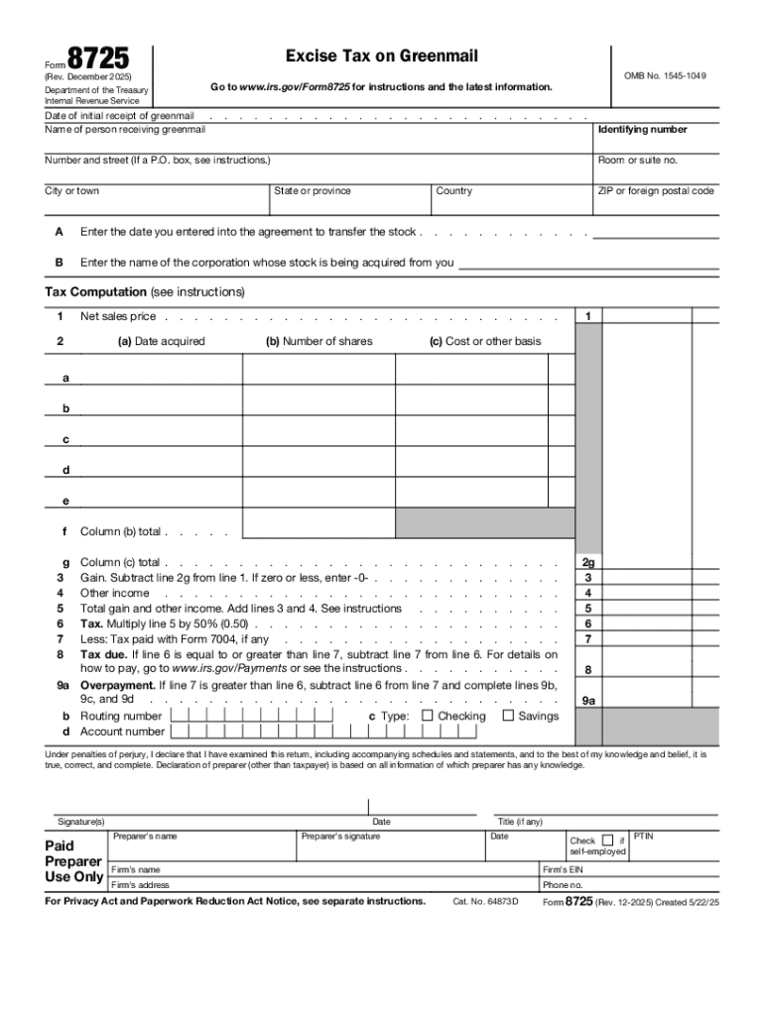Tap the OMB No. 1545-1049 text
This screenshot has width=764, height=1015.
pyautogui.click(x=665, y=75)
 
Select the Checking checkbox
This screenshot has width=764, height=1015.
pyautogui.click(x=428, y=716)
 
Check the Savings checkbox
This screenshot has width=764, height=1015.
pyautogui.click(x=508, y=716)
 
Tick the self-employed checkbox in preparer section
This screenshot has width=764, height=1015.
pyautogui.click(x=608, y=841)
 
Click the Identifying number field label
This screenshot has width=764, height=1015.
pyautogui.click(x=642, y=130)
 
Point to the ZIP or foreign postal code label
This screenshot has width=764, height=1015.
pyautogui.click(x=655, y=191)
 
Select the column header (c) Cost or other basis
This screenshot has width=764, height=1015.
pyautogui.click(x=485, y=341)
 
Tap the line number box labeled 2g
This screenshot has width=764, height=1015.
pyautogui.click(x=588, y=562)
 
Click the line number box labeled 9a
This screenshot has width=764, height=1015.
pyautogui.click(x=588, y=700)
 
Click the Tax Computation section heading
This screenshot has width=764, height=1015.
pyautogui.click(x=95, y=292)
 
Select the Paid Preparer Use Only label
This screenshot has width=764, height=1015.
pyautogui.click(x=73, y=861)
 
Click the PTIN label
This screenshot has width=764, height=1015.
pyautogui.click(x=643, y=837)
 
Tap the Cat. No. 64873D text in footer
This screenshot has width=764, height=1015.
pyautogui.click(x=485, y=902)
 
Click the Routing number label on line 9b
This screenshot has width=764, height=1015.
pyautogui.click(x=121, y=716)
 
